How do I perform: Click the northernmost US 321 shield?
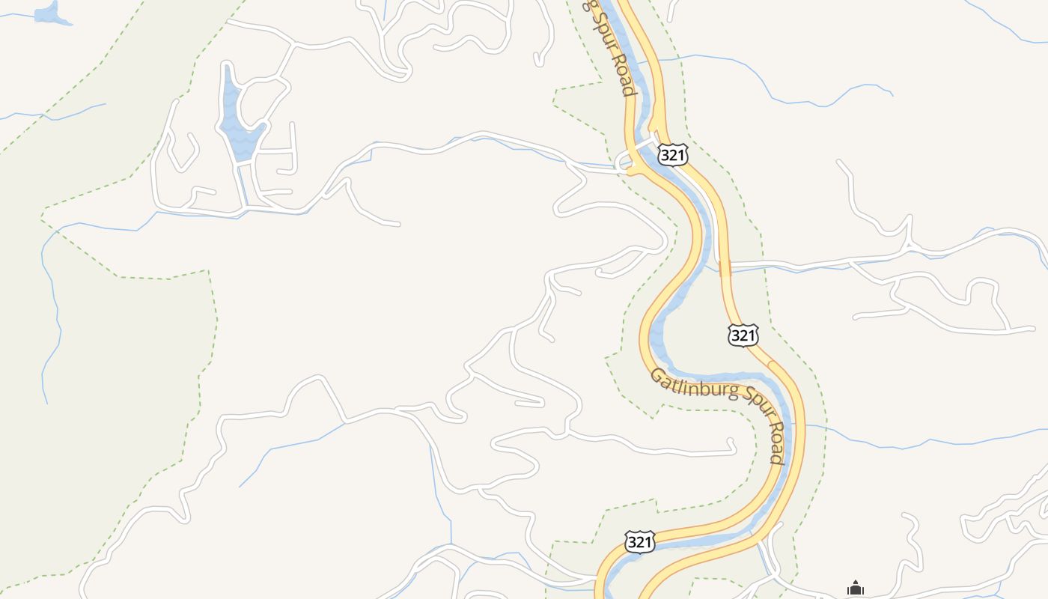coord(672,154)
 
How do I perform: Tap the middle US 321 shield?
coord(743,335)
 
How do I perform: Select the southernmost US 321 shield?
coord(639,541)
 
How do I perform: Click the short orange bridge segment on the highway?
coord(724,269)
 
